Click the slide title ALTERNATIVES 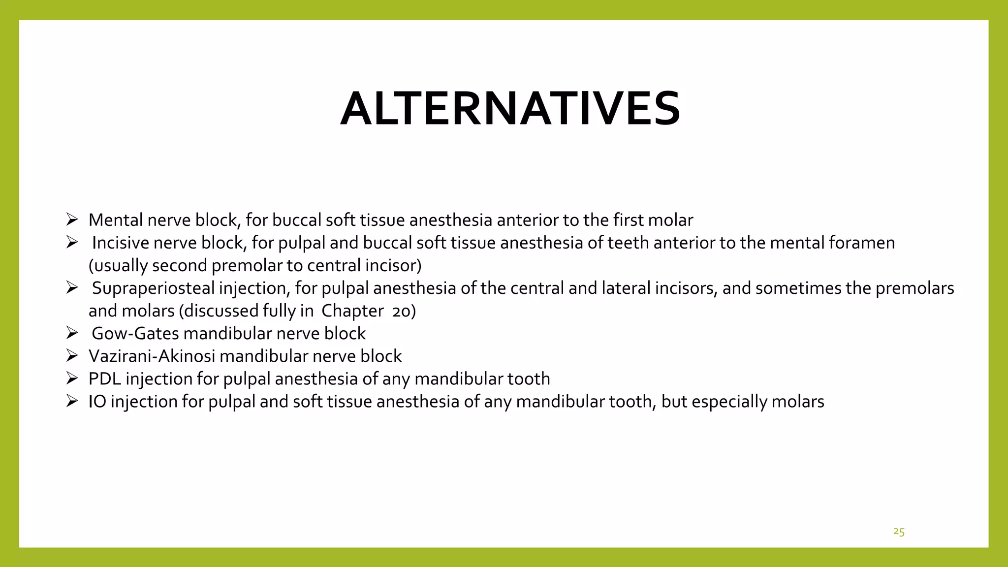pyautogui.click(x=510, y=109)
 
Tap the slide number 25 pyautogui.click(x=899, y=532)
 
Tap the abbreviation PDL pyautogui.click(x=105, y=379)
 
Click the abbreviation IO pyautogui.click(x=97, y=402)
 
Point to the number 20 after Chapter pyautogui.click(x=404, y=312)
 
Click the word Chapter pyautogui.click(x=352, y=311)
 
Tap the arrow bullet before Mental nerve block pyautogui.click(x=72, y=220)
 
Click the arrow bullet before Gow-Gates pyautogui.click(x=72, y=333)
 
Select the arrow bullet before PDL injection pyautogui.click(x=72, y=378)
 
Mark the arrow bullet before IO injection pyautogui.click(x=72, y=401)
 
